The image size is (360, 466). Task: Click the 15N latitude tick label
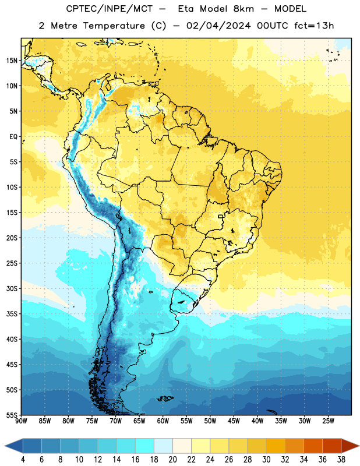(x=12, y=61)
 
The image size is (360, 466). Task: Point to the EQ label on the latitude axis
(x=13, y=137)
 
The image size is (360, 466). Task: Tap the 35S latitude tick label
(x=12, y=314)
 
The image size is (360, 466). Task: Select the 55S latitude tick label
(x=12, y=415)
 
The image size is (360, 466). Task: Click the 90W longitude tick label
(x=21, y=421)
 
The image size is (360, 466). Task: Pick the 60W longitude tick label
(x=163, y=421)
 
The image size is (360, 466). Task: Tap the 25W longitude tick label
(x=328, y=421)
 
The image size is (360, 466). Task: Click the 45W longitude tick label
(x=234, y=421)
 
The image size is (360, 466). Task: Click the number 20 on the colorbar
(x=172, y=460)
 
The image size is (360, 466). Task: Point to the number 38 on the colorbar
(x=341, y=460)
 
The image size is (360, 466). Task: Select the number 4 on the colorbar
(x=23, y=460)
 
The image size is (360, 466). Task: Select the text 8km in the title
(x=243, y=9)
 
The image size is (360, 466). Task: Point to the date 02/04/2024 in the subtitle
(x=218, y=26)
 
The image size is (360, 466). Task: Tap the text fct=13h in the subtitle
(x=314, y=26)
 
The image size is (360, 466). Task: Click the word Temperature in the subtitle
(x=114, y=26)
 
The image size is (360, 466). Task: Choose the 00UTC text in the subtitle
(x=272, y=26)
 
